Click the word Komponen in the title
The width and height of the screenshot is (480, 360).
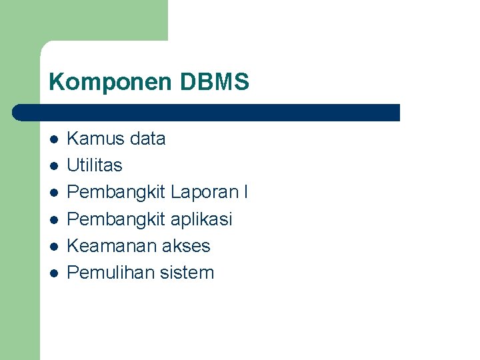tap(110, 82)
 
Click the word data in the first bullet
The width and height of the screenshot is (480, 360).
tap(148, 139)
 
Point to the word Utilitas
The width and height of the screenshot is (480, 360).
tap(95, 165)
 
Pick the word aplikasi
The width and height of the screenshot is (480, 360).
tap(201, 219)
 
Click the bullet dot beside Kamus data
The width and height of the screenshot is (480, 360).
tap(54, 139)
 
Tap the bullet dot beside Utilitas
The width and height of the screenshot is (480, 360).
tap(54, 166)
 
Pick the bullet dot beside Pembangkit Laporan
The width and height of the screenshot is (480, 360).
tap(54, 193)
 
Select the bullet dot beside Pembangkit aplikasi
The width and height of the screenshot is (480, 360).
tap(54, 219)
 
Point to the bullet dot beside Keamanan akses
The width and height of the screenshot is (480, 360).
tap(54, 246)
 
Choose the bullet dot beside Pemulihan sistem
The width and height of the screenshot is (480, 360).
tap(54, 273)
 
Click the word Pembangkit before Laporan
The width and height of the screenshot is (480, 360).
tap(116, 192)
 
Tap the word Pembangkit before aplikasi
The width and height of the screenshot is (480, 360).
tap(116, 219)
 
